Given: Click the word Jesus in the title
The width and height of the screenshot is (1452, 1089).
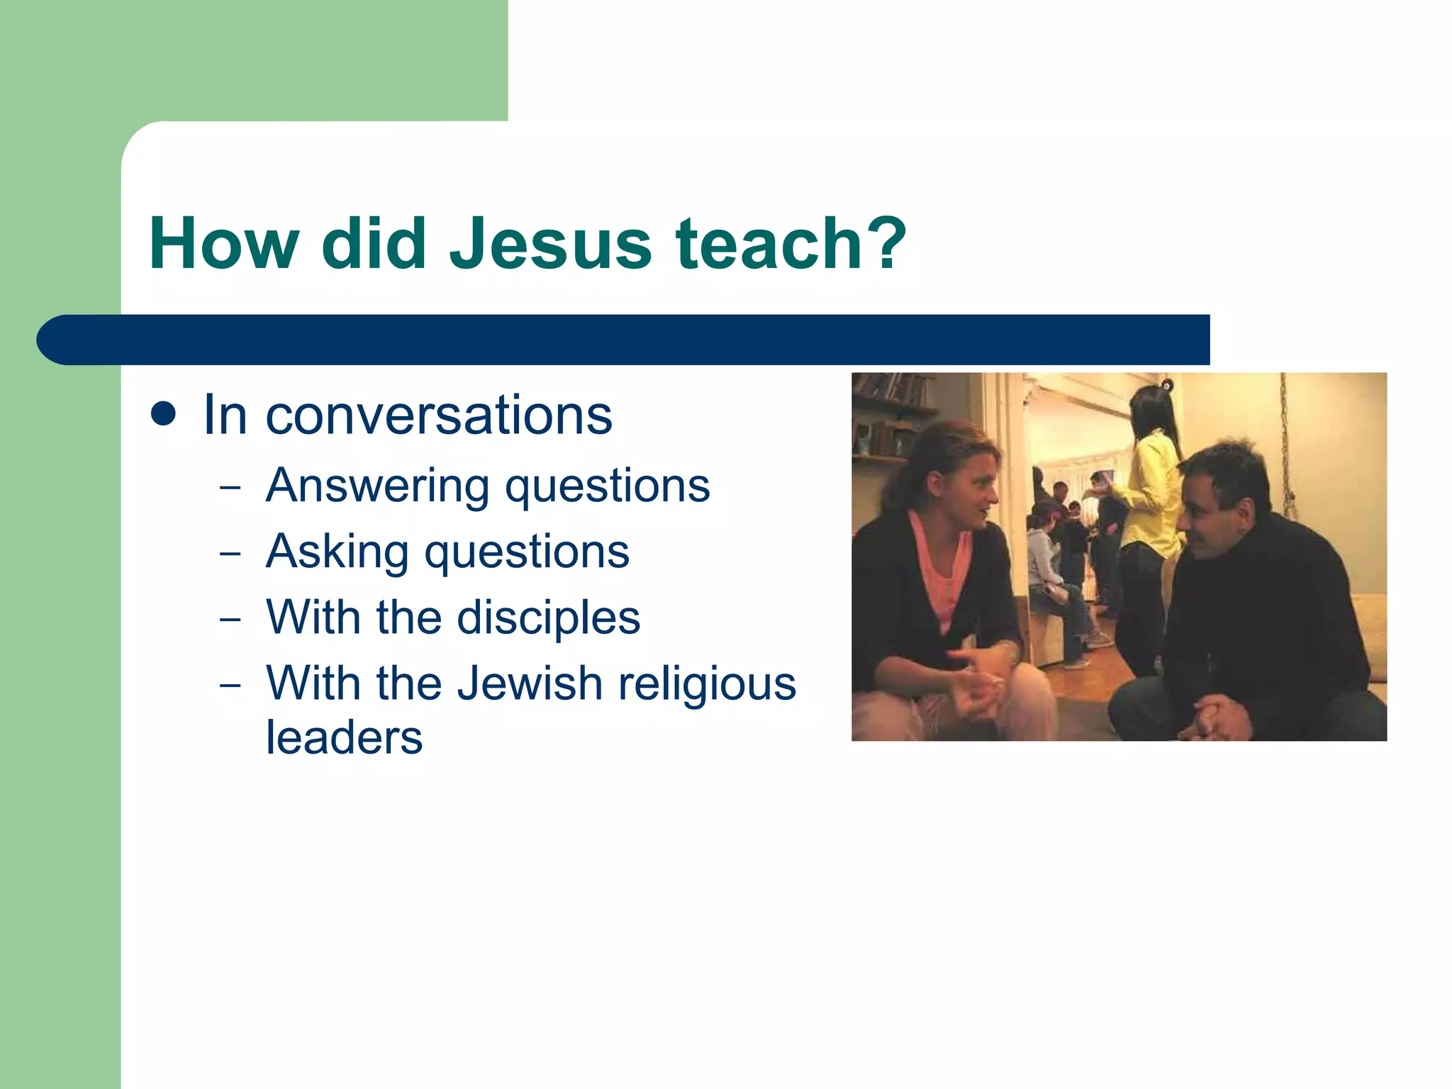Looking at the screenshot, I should click(x=551, y=244).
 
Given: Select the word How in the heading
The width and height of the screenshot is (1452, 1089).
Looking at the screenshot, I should click(x=223, y=244).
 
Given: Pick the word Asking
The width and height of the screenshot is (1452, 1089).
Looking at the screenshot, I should click(x=337, y=552).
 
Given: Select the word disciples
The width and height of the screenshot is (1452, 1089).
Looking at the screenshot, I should click(x=549, y=618).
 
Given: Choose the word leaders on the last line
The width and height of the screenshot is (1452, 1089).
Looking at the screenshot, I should click(x=344, y=738).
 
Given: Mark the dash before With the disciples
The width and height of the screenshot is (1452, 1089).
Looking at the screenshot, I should click(x=230, y=619).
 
